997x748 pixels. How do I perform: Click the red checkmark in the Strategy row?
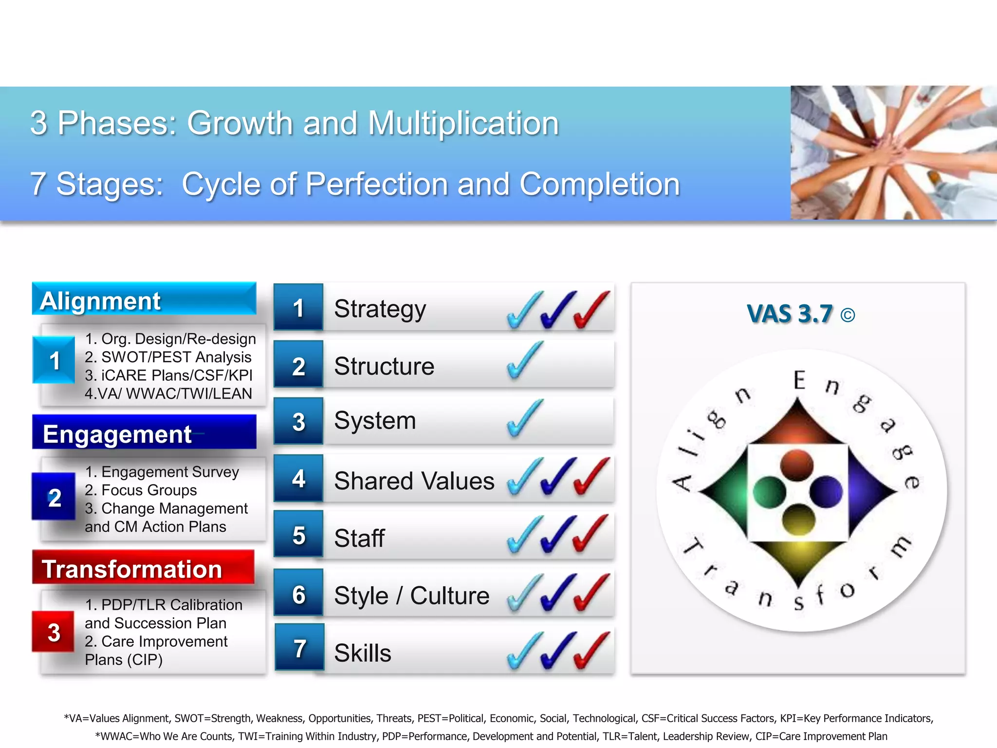click(x=591, y=310)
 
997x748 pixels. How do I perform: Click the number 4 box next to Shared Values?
click(x=298, y=479)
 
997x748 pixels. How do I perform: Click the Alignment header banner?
click(x=144, y=299)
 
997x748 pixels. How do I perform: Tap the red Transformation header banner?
click(x=143, y=568)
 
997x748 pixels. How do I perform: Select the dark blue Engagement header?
click(x=144, y=432)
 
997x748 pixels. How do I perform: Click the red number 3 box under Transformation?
click(x=54, y=632)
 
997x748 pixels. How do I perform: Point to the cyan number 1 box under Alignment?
click(x=54, y=360)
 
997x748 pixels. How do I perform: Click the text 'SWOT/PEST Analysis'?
click(x=176, y=357)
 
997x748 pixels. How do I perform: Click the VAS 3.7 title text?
click(x=789, y=314)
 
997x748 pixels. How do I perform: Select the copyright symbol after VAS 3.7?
click(x=848, y=316)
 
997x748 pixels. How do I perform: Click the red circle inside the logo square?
click(x=796, y=465)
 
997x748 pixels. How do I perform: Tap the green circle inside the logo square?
click(x=769, y=492)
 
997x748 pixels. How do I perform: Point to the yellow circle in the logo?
click(x=798, y=519)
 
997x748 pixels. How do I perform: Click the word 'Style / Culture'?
click(x=411, y=596)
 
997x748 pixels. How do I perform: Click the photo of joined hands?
click(x=893, y=152)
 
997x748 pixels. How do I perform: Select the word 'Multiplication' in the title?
click(x=463, y=123)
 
